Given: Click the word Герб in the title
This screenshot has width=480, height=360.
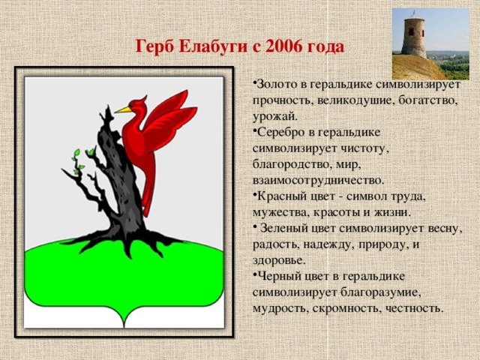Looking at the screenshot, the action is tap(154, 46).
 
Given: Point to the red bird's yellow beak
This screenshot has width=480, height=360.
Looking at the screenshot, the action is tap(122, 110).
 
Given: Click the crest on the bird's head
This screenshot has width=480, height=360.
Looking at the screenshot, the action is tap(142, 99).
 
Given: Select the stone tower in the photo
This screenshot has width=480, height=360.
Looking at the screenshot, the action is tap(414, 36).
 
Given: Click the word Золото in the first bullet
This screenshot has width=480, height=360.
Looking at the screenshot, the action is tap(277, 85).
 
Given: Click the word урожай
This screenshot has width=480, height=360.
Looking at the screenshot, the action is tap(275, 117).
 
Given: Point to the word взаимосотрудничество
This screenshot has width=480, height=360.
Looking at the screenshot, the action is tap(318, 181).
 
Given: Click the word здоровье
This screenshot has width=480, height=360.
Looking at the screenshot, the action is tap(279, 260).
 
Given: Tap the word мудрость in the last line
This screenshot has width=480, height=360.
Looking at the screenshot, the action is tap(280, 308).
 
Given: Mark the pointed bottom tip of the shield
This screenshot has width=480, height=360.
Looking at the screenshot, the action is tap(124, 327).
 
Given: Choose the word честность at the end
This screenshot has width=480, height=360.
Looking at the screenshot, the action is tap(415, 308).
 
